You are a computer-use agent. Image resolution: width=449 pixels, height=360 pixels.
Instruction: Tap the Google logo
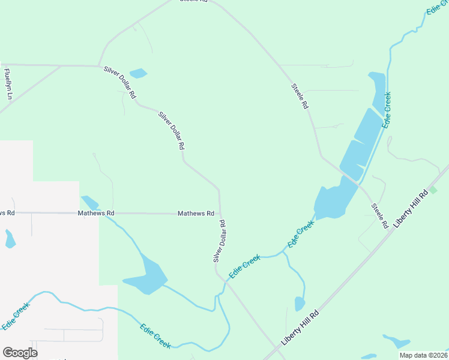coord(20,353)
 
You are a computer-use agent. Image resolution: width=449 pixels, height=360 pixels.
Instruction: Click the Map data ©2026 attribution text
coord(423,355)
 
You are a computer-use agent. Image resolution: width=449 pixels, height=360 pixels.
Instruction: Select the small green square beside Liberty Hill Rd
coord(433,190)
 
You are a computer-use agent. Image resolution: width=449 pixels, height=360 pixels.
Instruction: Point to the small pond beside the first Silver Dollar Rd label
coord(138,73)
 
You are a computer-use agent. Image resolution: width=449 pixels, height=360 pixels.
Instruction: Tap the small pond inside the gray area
coord(10,239)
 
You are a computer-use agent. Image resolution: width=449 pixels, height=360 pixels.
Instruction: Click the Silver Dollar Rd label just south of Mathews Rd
coord(219,241)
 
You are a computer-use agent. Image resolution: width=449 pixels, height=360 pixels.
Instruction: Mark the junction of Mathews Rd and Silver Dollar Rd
coord(220,214)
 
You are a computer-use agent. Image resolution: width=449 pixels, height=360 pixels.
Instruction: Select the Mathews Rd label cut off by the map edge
coord(7,213)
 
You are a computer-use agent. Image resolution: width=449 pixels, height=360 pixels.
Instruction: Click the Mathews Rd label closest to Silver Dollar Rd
coord(196,214)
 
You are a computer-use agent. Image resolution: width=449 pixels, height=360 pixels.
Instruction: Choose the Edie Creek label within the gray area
coord(16,316)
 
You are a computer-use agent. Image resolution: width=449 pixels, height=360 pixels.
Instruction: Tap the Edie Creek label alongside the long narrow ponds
coord(387,109)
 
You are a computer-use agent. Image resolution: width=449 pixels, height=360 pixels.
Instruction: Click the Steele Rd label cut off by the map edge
coord(193,2)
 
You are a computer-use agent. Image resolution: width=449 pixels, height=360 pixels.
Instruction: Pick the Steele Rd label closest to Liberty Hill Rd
coord(379,216)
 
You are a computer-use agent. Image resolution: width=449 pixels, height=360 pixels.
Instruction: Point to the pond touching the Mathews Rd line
coord(90,202)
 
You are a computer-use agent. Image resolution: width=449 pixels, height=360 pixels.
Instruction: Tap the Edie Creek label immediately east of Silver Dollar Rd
coord(244,266)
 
